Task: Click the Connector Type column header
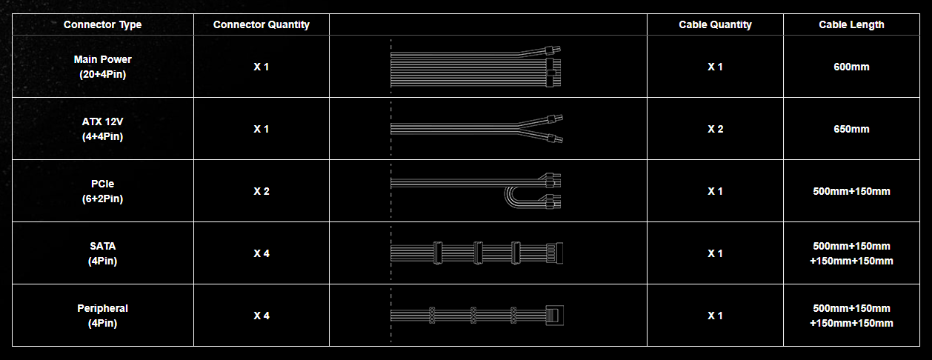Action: click(102, 24)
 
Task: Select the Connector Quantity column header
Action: click(262, 24)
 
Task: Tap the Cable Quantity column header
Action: click(715, 24)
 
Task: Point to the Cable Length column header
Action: click(851, 24)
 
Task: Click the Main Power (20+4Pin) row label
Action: click(102, 67)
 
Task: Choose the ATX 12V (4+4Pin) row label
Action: click(102, 129)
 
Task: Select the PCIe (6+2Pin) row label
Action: click(102, 191)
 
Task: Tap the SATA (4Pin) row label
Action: click(102, 253)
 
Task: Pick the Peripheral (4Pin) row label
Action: click(102, 316)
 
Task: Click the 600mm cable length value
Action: click(851, 67)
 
